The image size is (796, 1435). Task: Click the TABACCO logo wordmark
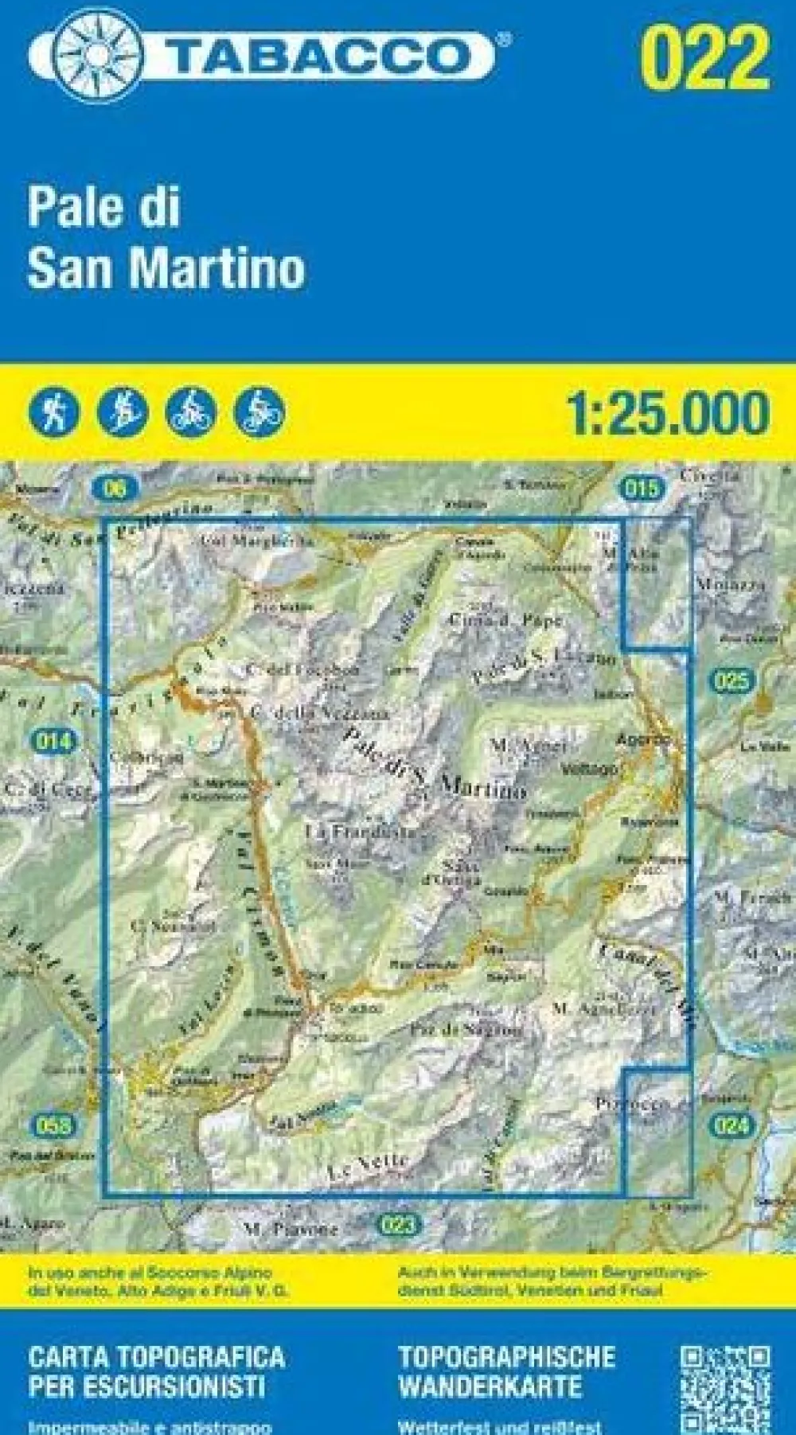[318, 56]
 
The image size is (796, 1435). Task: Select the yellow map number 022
[705, 57]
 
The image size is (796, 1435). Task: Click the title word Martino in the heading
[224, 268]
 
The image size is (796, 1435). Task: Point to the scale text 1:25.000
[668, 412]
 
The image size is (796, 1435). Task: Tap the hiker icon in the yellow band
[53, 412]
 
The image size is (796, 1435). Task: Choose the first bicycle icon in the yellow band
[190, 412]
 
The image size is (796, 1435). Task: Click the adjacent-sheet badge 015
[641, 487]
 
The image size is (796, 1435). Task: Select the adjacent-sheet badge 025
[732, 680]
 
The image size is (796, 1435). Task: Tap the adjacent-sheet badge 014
[53, 742]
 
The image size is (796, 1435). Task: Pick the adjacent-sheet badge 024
[730, 1125]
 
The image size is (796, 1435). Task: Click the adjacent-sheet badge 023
[397, 1224]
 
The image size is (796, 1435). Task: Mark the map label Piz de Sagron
[466, 1030]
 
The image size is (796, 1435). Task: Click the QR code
[724, 1389]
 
